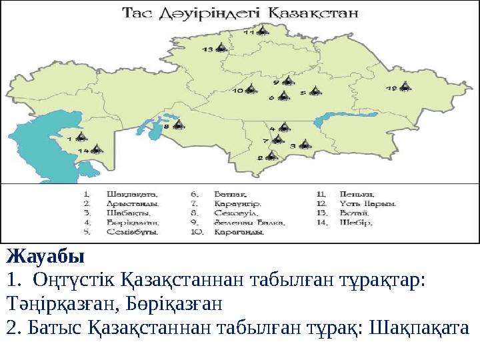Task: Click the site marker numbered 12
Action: pyautogui.click(x=405, y=87)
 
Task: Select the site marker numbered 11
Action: pyautogui.click(x=263, y=31)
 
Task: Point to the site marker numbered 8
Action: pyautogui.click(x=178, y=124)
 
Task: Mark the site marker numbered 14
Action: pyautogui.click(x=96, y=150)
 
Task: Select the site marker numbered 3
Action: pyautogui.click(x=305, y=144)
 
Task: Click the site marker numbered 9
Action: pyautogui.click(x=287, y=81)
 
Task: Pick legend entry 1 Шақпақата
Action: pyautogui.click(x=123, y=193)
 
